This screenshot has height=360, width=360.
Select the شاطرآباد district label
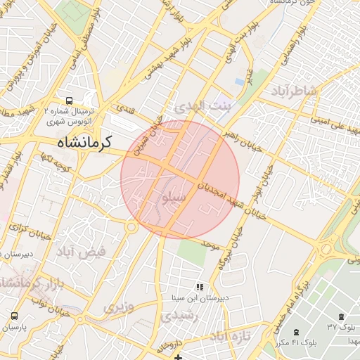tap(292, 92)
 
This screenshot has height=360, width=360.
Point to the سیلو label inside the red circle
tap(174, 198)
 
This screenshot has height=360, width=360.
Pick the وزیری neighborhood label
tap(120, 307)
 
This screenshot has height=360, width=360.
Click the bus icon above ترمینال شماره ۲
tap(70, 101)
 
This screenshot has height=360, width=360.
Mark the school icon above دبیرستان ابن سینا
tap(200, 287)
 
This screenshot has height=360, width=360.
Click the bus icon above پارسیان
tap(15, 317)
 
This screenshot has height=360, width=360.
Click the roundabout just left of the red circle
tap(131, 227)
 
